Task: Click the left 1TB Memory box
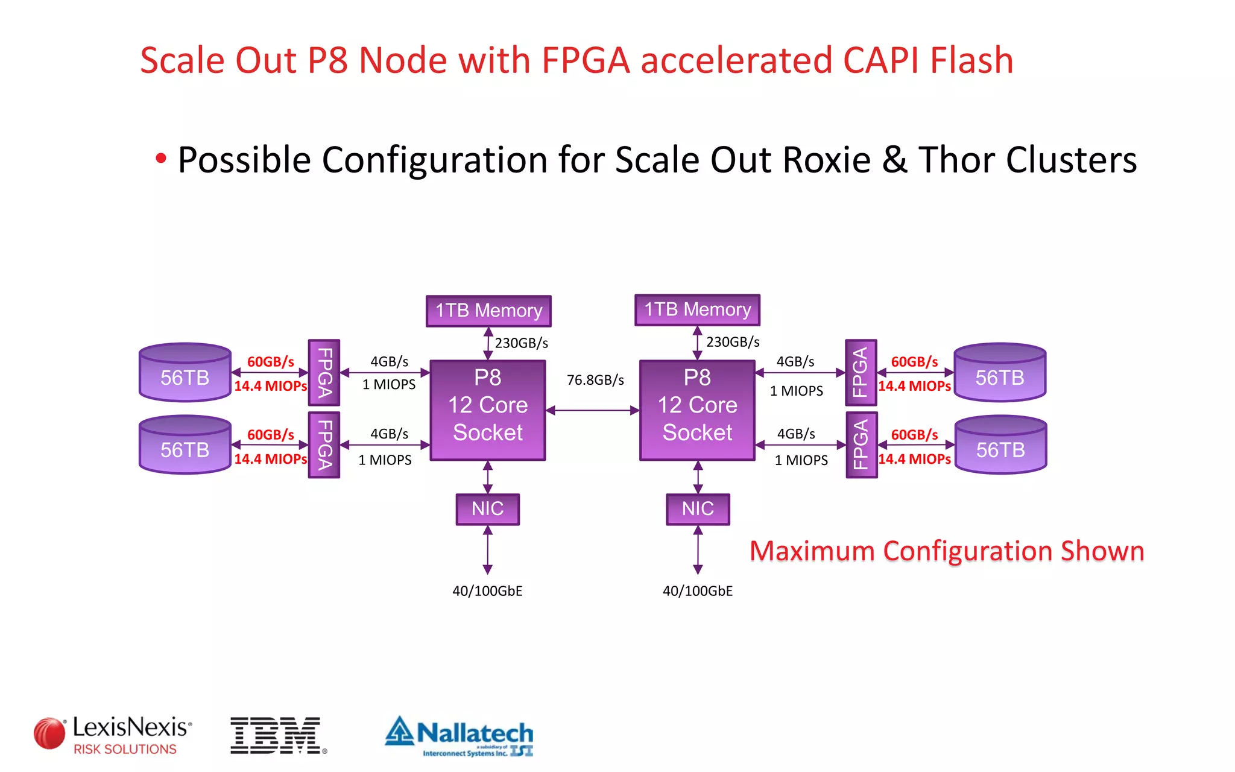click(488, 311)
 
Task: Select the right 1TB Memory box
click(697, 309)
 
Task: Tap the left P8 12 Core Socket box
click(487, 410)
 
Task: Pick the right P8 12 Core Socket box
click(697, 410)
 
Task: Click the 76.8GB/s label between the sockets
click(595, 380)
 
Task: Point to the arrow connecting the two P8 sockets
click(592, 411)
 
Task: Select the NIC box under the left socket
click(487, 509)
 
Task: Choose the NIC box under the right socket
click(698, 509)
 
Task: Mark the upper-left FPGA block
click(324, 373)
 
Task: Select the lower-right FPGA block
click(861, 445)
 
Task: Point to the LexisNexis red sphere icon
click(49, 733)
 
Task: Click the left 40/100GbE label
click(487, 591)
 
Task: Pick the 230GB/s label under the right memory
click(733, 342)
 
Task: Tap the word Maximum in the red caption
click(812, 551)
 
